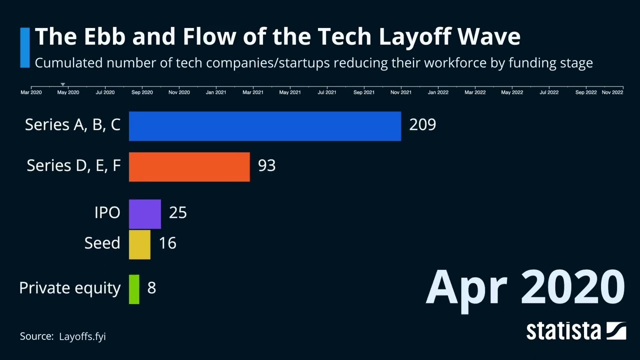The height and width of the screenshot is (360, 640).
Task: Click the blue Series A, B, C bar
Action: coord(265,126)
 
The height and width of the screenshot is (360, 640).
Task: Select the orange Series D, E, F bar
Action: coord(189,167)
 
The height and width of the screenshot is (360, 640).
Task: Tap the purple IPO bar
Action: coord(145,214)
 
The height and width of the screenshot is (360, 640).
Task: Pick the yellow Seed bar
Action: coord(139,244)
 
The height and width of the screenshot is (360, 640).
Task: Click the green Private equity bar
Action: coord(134,289)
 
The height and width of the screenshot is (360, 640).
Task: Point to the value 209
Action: coord(422,124)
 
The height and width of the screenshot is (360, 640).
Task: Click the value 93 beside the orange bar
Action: coord(266,165)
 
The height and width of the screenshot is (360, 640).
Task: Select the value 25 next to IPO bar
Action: coord(178,212)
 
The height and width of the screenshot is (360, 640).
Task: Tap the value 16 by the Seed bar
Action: coord(167,243)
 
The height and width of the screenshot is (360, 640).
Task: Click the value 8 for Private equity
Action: coord(151,288)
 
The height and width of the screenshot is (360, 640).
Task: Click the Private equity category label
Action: coord(70,288)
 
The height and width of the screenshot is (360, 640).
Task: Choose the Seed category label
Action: coord(102,243)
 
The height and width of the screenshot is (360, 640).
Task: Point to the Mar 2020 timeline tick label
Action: coord(31,92)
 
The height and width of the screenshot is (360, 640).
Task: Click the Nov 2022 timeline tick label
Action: coord(612,92)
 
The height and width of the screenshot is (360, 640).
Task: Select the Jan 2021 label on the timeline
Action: coord(216,92)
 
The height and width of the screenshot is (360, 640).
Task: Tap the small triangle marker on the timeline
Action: coord(62,84)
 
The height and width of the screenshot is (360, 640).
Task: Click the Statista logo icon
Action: coord(616,331)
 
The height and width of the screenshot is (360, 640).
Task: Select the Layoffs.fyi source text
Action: coord(82,336)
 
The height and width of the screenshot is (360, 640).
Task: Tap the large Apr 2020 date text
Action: coord(525,287)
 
